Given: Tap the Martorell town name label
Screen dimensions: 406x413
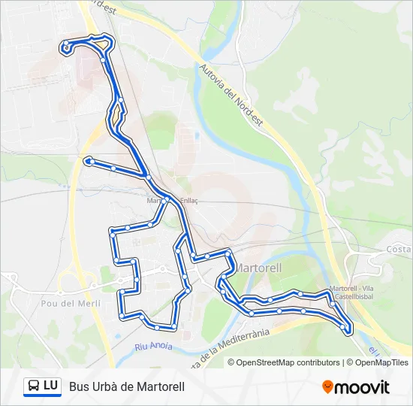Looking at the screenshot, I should coord(259,268).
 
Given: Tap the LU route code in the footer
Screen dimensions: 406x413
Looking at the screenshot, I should coord(51,386).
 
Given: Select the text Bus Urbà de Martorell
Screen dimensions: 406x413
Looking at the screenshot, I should coord(126,386).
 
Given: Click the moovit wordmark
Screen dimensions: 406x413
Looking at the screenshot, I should coord(362,387).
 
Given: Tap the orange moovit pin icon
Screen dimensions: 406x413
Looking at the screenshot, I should coord(327,386).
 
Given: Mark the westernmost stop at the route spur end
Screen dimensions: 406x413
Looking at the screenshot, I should coord(89,160).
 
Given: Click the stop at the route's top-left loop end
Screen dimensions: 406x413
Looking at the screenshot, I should coord(67,46).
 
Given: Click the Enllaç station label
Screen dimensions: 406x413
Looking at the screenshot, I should coord(187,201).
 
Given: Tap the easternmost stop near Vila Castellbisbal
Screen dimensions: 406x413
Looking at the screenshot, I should coord(347,329).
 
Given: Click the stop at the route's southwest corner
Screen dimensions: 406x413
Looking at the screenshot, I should coord(121,317).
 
